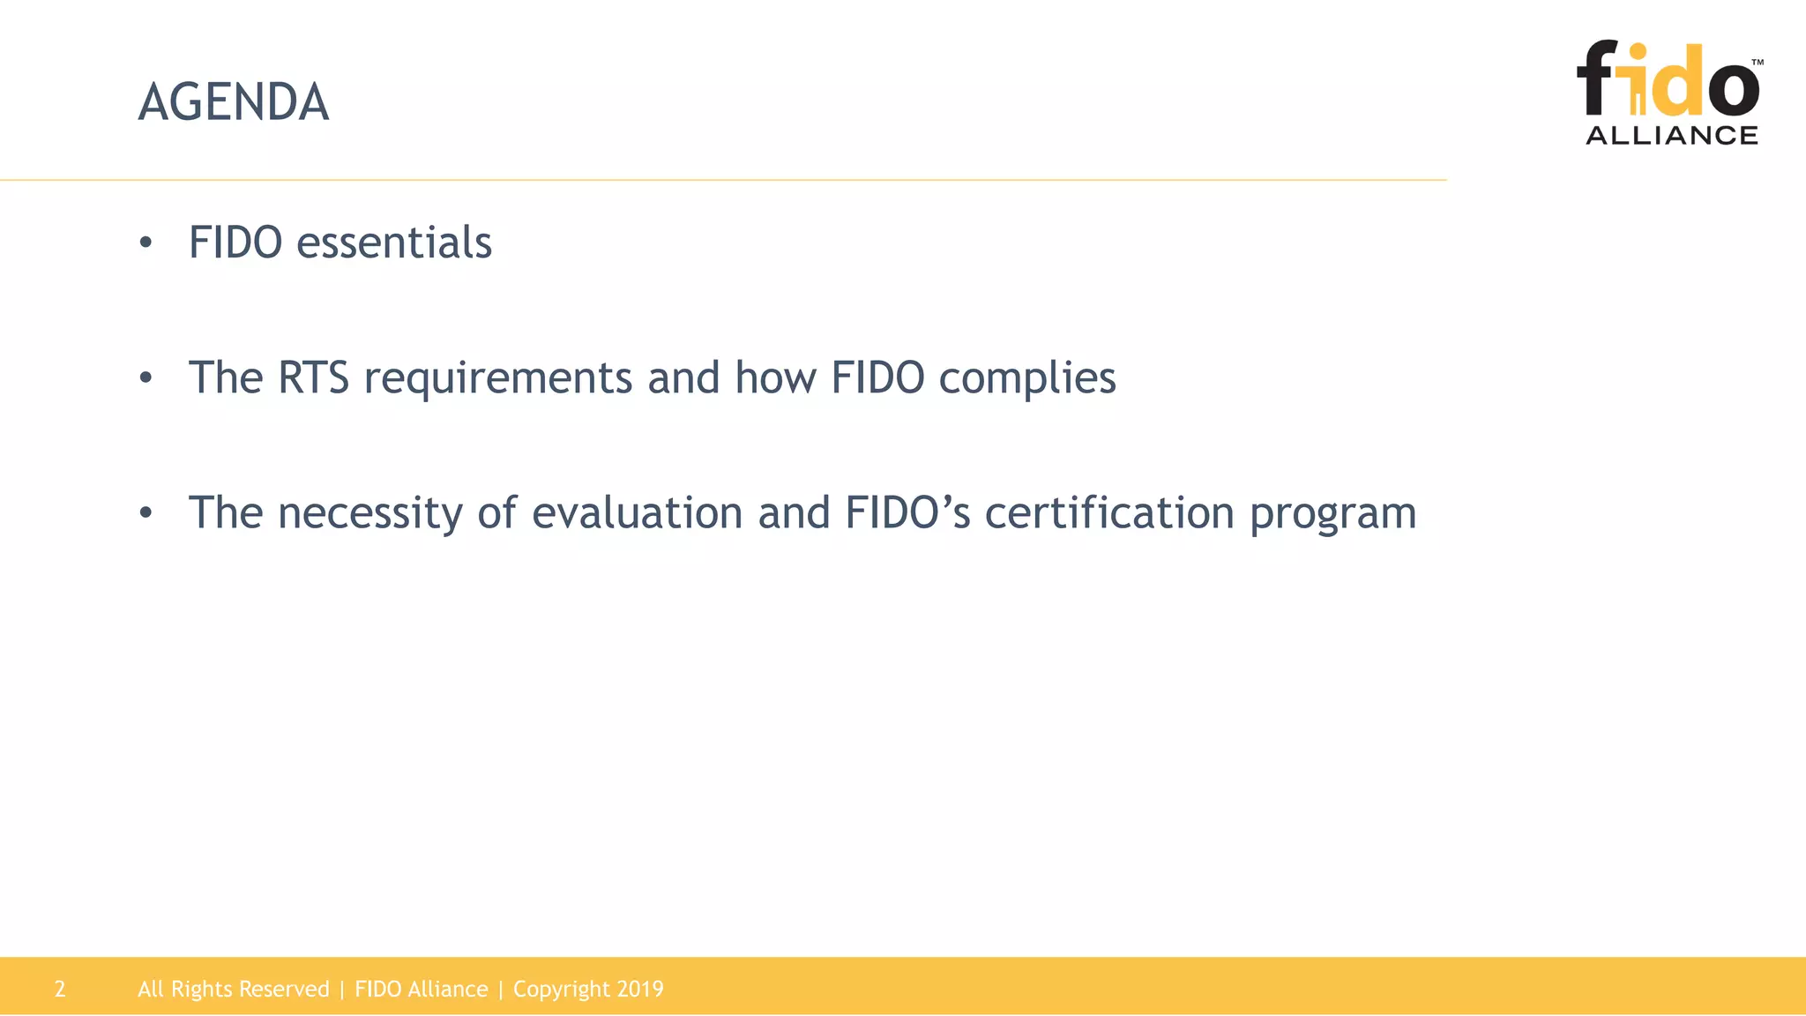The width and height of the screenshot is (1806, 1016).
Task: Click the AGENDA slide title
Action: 234,102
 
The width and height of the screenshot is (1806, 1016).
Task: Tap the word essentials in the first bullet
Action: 393,243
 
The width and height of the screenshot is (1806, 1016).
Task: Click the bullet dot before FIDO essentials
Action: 146,243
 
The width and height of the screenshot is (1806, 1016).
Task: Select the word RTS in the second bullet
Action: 313,377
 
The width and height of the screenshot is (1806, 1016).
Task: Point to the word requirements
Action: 497,379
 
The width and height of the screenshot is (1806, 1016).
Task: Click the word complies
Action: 1026,379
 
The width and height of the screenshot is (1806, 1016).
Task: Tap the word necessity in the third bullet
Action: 369,514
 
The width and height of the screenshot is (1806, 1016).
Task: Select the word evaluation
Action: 637,513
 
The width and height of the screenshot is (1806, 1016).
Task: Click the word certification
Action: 1108,513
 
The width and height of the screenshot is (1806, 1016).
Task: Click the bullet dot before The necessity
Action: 146,513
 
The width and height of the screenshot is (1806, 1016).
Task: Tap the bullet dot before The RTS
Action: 146,378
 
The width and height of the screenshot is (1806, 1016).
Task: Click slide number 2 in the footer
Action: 60,989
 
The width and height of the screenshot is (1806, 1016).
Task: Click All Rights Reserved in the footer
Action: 233,989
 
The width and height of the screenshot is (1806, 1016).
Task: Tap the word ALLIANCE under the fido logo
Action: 1671,135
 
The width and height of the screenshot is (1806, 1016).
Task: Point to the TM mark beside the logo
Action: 1757,63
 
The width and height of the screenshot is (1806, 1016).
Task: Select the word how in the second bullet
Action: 775,377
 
